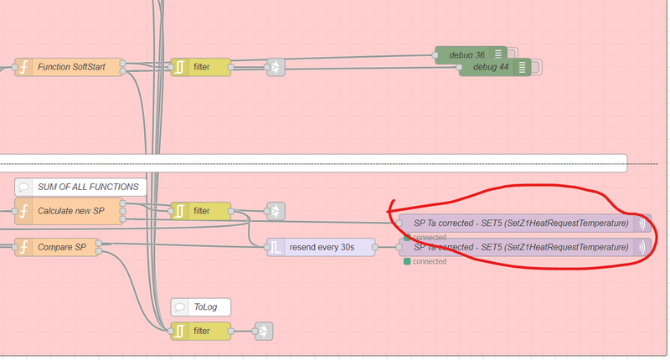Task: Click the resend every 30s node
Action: click(322, 248)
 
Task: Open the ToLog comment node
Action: click(201, 307)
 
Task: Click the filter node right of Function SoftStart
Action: click(200, 67)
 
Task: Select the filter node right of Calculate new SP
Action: click(200, 211)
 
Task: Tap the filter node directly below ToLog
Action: click(200, 331)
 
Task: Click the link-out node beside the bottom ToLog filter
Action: click(264, 331)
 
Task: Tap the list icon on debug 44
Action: click(522, 67)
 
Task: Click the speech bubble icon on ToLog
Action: click(180, 307)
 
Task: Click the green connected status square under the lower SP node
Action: click(407, 261)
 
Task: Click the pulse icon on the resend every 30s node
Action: click(276, 248)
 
